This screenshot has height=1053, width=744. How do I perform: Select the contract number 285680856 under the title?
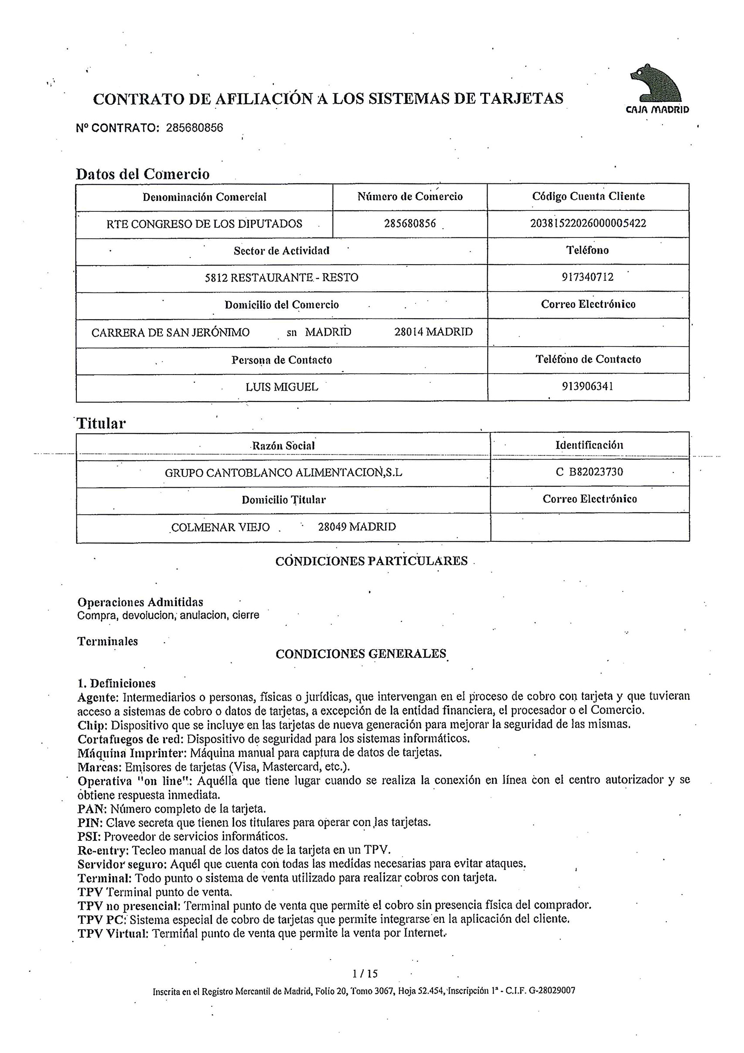point(194,128)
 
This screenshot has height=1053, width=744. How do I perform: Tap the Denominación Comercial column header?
point(205,197)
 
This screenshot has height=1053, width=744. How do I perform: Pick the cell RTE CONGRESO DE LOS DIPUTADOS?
point(205,224)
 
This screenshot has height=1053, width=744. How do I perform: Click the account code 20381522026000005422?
point(588,224)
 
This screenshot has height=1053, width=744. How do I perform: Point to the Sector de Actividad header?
point(281,251)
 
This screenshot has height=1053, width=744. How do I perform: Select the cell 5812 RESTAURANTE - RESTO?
point(281,278)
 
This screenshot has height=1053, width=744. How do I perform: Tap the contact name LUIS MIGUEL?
point(282,387)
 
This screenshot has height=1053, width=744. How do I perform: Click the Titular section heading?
point(101,423)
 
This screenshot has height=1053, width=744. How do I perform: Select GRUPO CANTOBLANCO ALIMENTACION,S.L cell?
point(283,472)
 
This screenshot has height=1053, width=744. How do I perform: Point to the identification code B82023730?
point(596,472)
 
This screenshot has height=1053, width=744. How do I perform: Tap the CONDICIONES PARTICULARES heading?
point(372,561)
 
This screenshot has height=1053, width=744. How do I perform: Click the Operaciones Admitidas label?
point(140,602)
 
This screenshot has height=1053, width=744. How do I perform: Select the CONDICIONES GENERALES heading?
point(361,654)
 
